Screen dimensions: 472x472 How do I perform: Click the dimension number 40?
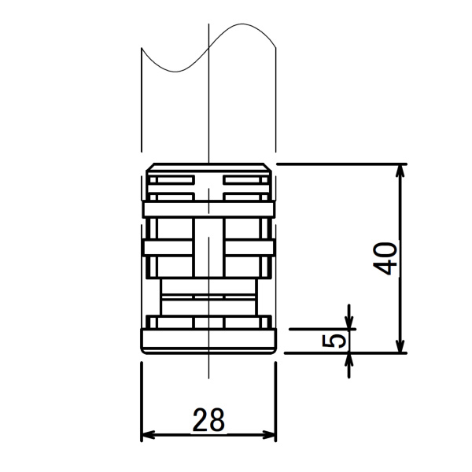[x=385, y=259]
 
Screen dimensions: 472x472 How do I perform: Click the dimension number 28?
[x=208, y=420]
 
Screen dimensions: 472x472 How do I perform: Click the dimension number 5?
[x=334, y=341]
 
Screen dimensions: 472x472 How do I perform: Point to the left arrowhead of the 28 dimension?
[x=148, y=435]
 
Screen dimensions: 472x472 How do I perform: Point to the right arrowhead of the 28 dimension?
[x=269, y=435]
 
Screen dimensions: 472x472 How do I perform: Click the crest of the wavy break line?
[x=242, y=24]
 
